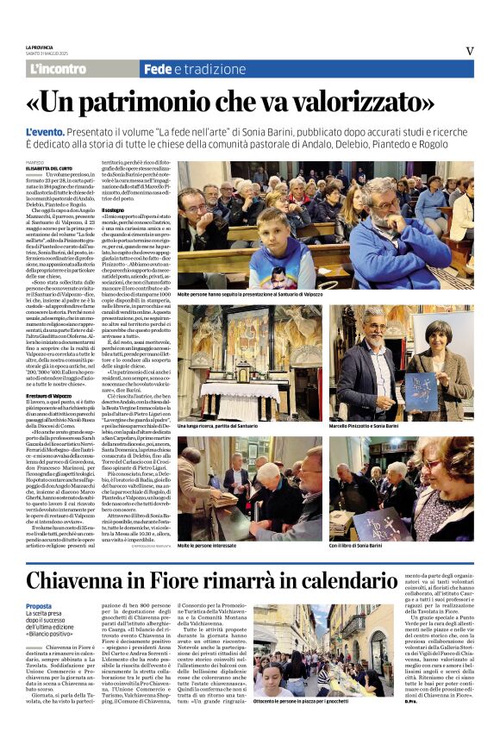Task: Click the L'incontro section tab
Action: point(58,69)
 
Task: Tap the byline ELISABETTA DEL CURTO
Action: point(49,167)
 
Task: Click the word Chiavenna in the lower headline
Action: point(86,579)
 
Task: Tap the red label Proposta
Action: point(39,606)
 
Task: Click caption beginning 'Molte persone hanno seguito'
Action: point(250,294)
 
